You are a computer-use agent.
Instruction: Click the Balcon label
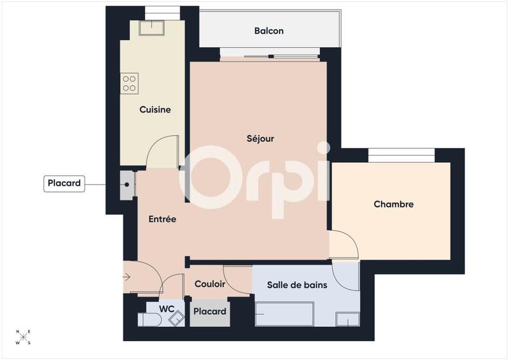pyautogui.click(x=268, y=31)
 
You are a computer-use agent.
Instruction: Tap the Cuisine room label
pyautogui.click(x=155, y=109)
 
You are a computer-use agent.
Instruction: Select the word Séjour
pyautogui.click(x=260, y=138)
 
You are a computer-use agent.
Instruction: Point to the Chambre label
pyautogui.click(x=393, y=204)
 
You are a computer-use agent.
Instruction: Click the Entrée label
pyautogui.click(x=162, y=219)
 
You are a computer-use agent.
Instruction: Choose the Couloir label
pyautogui.click(x=210, y=284)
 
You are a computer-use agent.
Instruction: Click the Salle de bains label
pyautogui.click(x=296, y=285)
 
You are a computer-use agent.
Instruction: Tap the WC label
pyautogui.click(x=167, y=308)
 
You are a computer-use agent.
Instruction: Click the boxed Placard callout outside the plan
pyautogui.click(x=64, y=184)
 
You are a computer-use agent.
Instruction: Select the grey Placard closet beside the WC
pyautogui.click(x=209, y=312)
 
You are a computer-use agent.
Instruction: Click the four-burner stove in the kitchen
pyautogui.click(x=130, y=83)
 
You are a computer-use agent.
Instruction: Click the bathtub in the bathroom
pyautogui.click(x=284, y=314)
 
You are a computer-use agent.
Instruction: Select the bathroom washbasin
pyautogui.click(x=347, y=319)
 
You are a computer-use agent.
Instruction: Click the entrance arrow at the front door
pyautogui.click(x=127, y=277)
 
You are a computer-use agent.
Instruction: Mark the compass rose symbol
pyautogui.click(x=24, y=337)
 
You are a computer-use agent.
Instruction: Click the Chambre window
pyautogui.click(x=401, y=154)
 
